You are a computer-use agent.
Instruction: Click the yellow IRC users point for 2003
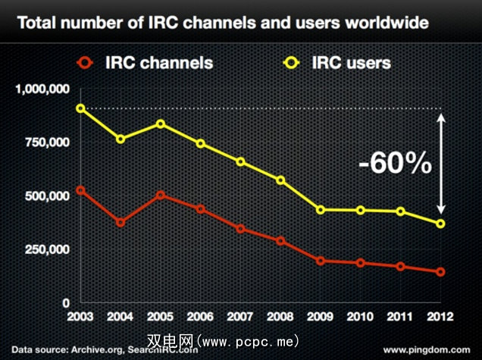[80, 108]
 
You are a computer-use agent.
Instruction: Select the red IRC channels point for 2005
[160, 195]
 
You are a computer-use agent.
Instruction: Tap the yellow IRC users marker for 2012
[440, 224]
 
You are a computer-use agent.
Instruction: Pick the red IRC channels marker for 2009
[321, 261]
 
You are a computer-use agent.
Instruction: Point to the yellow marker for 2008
[280, 180]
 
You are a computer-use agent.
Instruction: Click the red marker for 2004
[121, 223]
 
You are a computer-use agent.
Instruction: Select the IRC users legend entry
[333, 61]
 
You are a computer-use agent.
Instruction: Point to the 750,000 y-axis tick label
[45, 142]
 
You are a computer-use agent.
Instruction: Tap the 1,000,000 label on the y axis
[41, 89]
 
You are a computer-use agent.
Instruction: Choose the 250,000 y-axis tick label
[45, 249]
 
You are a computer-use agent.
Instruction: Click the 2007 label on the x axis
[240, 315]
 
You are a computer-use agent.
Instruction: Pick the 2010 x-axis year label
[360, 315]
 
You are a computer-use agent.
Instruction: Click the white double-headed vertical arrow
[442, 163]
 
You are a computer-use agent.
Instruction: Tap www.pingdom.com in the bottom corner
[427, 351]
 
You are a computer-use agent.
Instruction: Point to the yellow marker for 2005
[160, 124]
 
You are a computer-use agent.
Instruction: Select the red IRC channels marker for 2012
[440, 271]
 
